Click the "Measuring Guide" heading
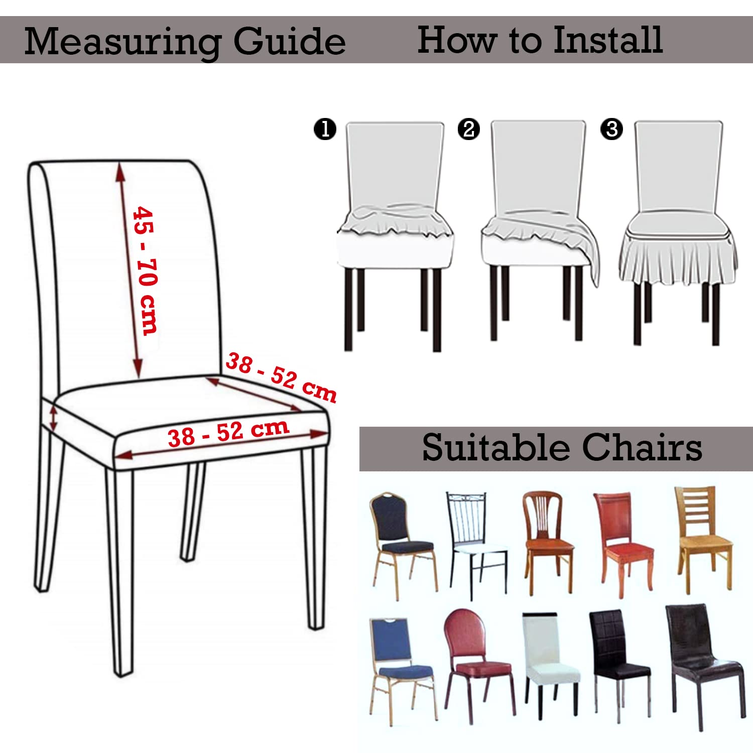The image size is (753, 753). click(185, 42)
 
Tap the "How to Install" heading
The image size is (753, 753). click(540, 40)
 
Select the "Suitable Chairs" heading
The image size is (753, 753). click(562, 447)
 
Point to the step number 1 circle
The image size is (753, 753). click(325, 129)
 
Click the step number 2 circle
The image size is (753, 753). click(469, 129)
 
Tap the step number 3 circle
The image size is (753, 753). click(612, 129)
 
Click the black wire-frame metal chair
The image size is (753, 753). click(475, 545)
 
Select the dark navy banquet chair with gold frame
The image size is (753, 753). click(403, 545)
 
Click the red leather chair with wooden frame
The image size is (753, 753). click(623, 544)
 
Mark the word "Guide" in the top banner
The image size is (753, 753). click(290, 42)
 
